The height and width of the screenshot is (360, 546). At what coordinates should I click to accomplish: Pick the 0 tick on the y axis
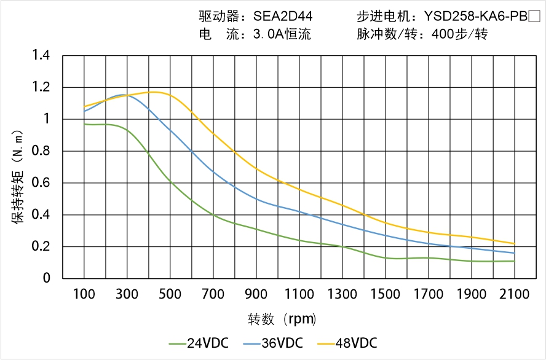click(x=47, y=279)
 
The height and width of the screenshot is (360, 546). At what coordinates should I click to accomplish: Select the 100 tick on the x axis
click(x=84, y=294)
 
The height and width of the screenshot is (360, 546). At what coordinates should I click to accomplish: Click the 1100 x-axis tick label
click(x=299, y=294)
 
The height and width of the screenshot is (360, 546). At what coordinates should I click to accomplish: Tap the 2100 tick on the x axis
click(x=514, y=294)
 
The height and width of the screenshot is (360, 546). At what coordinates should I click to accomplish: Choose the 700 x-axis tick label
click(x=213, y=294)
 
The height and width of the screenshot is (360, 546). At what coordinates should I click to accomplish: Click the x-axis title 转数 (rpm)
click(x=282, y=319)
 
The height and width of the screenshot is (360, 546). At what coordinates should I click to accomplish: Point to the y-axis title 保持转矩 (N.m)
click(x=18, y=176)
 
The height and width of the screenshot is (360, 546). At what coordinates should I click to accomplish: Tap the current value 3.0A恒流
click(x=282, y=34)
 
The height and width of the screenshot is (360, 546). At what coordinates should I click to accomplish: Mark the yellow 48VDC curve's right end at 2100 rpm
click(x=514, y=244)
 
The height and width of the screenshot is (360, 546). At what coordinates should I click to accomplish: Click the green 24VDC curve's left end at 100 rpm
click(x=84, y=124)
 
